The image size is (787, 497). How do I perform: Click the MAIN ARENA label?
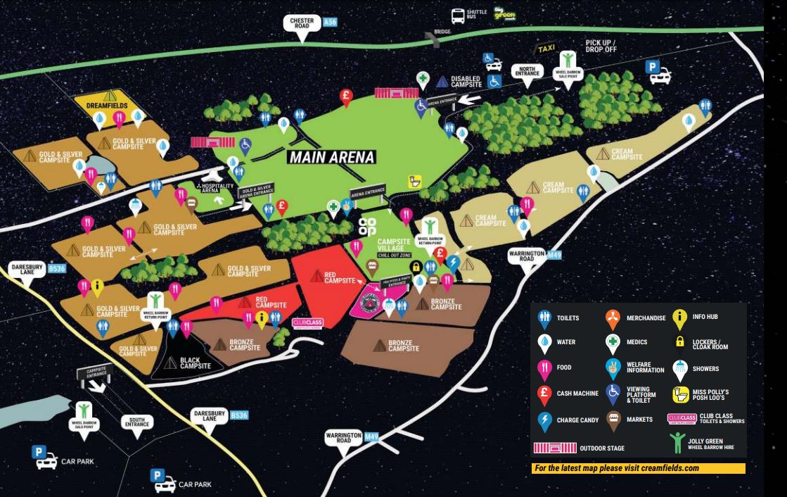coord(331,157)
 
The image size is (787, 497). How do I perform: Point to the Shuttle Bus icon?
coord(459,15)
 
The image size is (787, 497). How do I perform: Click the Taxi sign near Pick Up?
coord(546,49)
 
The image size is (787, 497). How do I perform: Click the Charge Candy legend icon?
coord(544,420)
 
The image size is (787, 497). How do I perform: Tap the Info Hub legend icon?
coord(679,317)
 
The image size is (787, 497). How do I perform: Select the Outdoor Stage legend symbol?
coord(555,448)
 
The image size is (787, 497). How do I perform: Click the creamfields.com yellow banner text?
coord(639,469)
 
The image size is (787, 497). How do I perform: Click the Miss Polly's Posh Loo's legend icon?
coord(680,394)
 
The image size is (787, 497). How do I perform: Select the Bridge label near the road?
coord(442,32)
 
